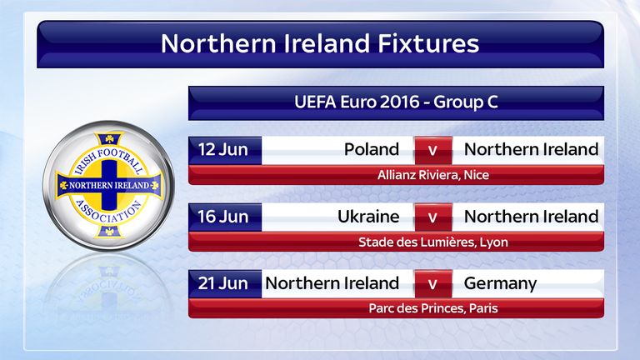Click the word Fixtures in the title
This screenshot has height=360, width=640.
point(428,43)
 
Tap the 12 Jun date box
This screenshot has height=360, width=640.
point(225,150)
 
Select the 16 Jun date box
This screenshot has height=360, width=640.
point(225,217)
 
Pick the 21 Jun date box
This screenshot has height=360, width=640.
point(225,283)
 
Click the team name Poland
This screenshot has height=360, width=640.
point(372,149)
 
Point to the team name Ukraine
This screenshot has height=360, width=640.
point(368,217)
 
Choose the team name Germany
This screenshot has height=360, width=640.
point(500,283)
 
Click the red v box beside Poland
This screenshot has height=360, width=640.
point(433,151)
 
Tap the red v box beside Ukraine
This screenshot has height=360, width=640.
point(433,217)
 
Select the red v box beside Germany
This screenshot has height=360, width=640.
point(433,283)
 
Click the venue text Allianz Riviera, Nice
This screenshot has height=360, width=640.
point(433,175)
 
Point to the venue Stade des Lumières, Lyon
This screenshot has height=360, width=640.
point(433,242)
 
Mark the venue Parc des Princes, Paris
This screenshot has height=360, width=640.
point(433,308)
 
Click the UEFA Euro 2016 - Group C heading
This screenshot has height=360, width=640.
point(396,102)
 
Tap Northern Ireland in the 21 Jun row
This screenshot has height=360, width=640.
point(332,283)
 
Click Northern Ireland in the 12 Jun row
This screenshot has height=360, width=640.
point(531,149)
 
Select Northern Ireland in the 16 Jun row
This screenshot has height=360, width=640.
point(531,217)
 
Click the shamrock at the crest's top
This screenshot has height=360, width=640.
point(109,139)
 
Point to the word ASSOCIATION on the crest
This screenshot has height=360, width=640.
point(109,212)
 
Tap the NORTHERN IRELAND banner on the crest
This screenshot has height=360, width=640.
point(109,185)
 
